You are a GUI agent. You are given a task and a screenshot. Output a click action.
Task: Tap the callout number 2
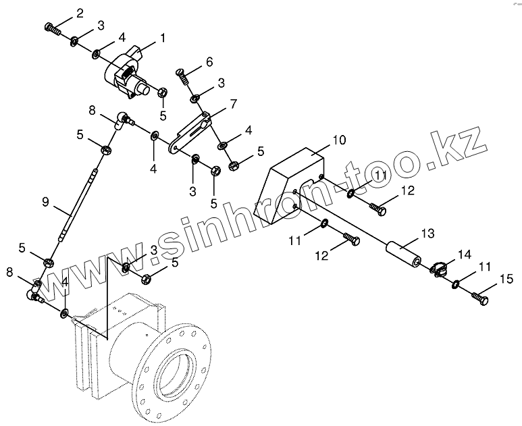click(80, 13)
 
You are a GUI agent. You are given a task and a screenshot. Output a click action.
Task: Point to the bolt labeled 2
click(52, 28)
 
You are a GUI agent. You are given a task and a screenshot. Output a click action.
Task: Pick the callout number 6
click(209, 61)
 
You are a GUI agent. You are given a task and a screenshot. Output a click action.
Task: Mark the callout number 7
click(234, 104)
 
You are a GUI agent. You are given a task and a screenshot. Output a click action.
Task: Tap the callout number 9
click(45, 201)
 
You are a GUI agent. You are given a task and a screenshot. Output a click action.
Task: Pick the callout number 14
click(465, 255)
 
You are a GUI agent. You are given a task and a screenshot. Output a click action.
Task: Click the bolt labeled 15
click(480, 295)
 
